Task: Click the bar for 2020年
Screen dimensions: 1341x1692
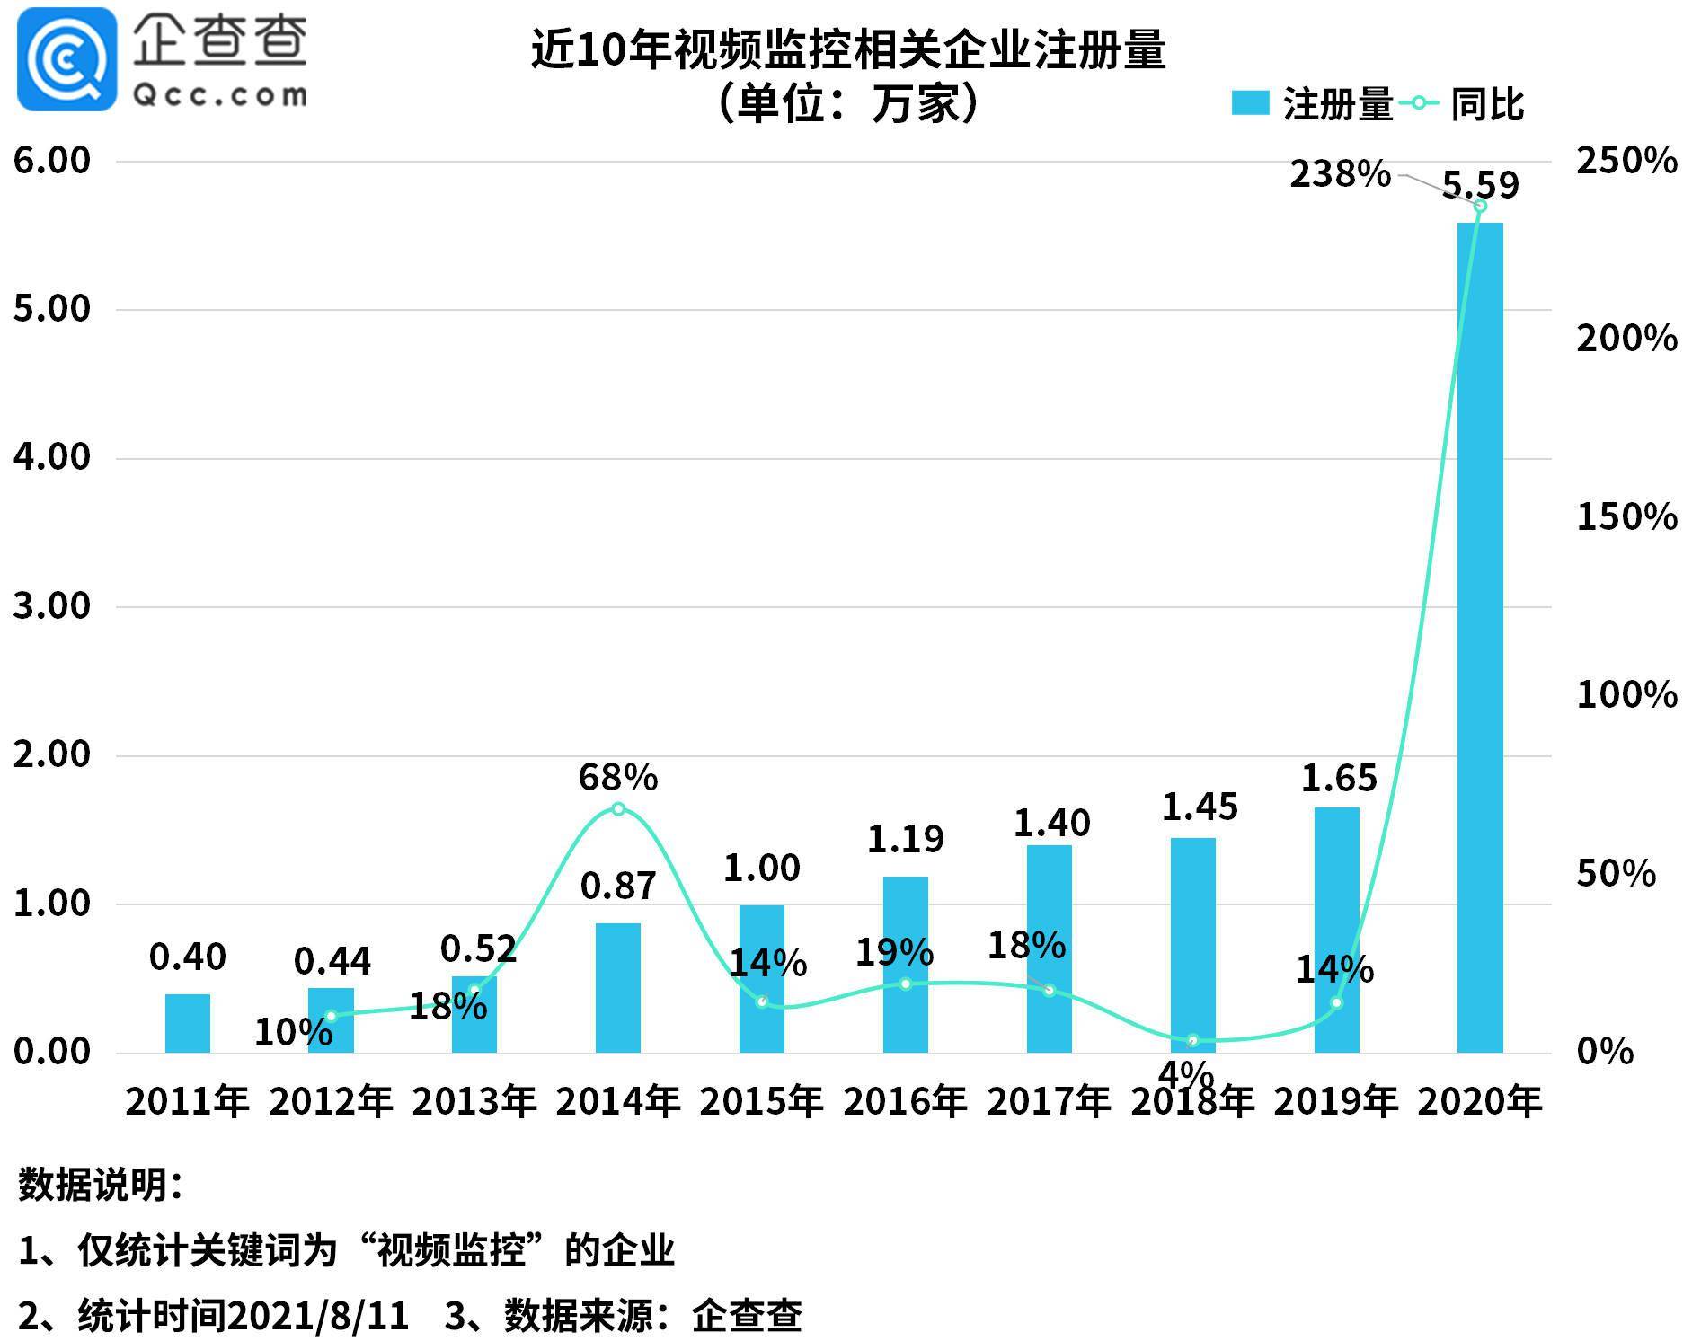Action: (1479, 638)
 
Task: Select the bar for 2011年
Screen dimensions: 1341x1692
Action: (188, 1023)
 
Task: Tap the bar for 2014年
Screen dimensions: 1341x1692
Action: (618, 987)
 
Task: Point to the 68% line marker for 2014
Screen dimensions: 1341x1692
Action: (618, 808)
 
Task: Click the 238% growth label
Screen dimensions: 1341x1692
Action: (1339, 173)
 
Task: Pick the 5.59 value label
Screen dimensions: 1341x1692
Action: (1480, 185)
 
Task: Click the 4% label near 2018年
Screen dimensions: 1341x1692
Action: (1186, 1073)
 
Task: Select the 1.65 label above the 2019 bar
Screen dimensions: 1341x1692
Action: (1338, 778)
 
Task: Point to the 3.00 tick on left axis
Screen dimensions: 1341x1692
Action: (52, 605)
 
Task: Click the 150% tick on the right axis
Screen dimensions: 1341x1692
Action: (1626, 516)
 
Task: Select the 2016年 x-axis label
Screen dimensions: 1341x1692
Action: (905, 1101)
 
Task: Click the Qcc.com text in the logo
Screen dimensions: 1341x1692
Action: (220, 94)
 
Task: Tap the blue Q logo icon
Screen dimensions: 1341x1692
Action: (66, 59)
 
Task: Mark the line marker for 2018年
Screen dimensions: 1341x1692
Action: (1192, 1040)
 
